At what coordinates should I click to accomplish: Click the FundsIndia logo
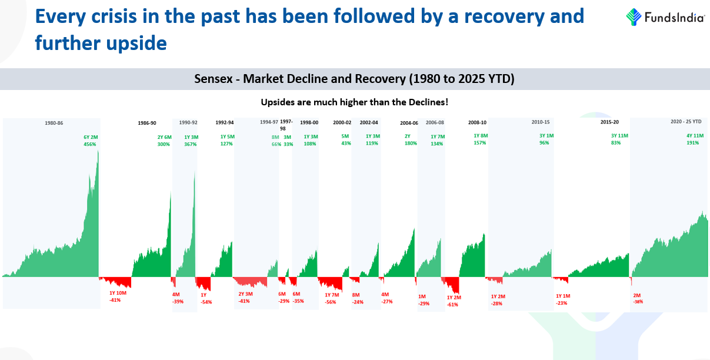click(665, 16)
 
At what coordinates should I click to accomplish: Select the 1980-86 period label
click(54, 123)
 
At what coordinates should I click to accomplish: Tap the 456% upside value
click(89, 144)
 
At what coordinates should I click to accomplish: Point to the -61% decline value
click(452, 305)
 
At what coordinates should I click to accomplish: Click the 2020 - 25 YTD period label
click(686, 122)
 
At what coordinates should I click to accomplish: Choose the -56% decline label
click(331, 302)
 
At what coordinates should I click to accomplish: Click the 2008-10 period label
click(477, 123)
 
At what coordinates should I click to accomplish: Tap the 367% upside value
click(190, 144)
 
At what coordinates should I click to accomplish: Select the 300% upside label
click(164, 144)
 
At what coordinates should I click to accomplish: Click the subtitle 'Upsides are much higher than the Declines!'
click(355, 102)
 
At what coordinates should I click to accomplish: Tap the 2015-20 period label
click(609, 123)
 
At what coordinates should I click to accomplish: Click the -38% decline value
click(638, 302)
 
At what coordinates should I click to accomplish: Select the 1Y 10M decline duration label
click(118, 293)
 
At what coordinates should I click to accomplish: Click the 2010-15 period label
click(540, 123)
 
